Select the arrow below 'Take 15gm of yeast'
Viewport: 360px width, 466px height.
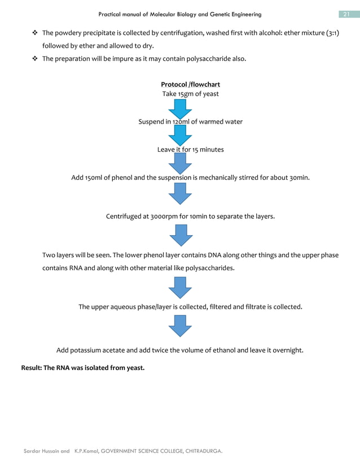[180, 108]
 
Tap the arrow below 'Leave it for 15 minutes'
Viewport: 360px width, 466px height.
[180, 164]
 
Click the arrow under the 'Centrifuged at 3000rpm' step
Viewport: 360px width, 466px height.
[180, 235]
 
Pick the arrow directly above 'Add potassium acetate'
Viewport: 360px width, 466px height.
[180, 326]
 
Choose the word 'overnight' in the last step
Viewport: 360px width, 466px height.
[287, 350]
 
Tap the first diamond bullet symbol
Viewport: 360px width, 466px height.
[34, 33]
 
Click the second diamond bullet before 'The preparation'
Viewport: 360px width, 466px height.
[34, 58]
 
